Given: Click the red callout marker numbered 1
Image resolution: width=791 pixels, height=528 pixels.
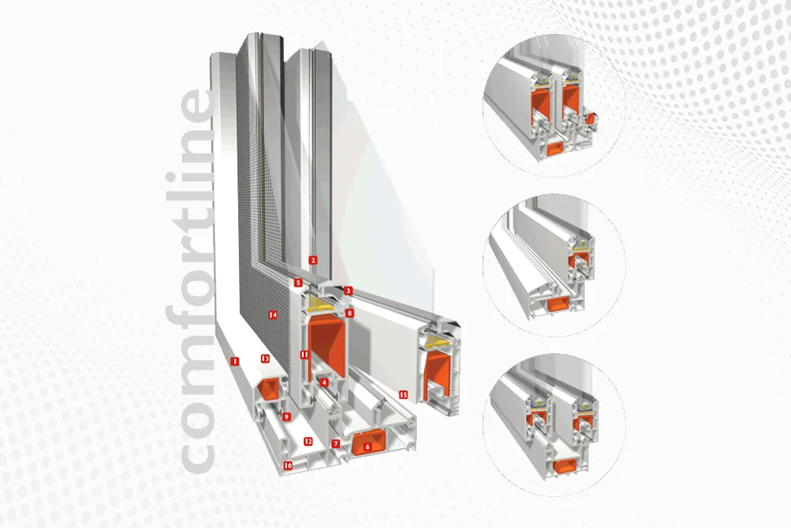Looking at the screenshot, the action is coord(234,361).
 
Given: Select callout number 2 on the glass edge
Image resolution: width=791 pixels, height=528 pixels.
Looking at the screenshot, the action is coord(312,260).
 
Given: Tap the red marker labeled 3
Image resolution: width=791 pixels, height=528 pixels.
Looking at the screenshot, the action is coord(348,291).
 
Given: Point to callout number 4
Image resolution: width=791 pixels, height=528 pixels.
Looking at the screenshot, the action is coord(324,382).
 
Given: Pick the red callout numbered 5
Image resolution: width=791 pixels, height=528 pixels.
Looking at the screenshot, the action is coord(298,283).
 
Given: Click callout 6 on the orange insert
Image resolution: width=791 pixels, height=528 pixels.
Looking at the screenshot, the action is coord(367,446).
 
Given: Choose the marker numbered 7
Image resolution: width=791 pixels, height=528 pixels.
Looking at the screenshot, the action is coord(336,444).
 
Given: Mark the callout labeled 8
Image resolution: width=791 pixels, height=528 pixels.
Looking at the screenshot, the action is coord(350,313).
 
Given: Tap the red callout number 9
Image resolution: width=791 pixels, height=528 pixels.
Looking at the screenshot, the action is coord(286,417).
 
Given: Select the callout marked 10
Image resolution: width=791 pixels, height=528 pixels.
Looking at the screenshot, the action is coord(288,465).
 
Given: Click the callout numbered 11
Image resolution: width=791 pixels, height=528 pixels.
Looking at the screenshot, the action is coord(305,355).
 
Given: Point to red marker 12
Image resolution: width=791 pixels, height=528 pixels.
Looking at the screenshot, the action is coord(308,442).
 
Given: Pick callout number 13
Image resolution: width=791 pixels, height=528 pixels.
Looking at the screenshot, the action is coord(265,359).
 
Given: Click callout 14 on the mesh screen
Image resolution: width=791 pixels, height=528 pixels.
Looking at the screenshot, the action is coord(273,315).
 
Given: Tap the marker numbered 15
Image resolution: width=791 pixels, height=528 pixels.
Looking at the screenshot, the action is coord(403,395).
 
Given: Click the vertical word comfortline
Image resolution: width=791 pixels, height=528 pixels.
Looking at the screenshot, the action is coord(191,281).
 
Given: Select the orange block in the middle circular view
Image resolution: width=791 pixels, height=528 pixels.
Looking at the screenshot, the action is coord(558,304).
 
